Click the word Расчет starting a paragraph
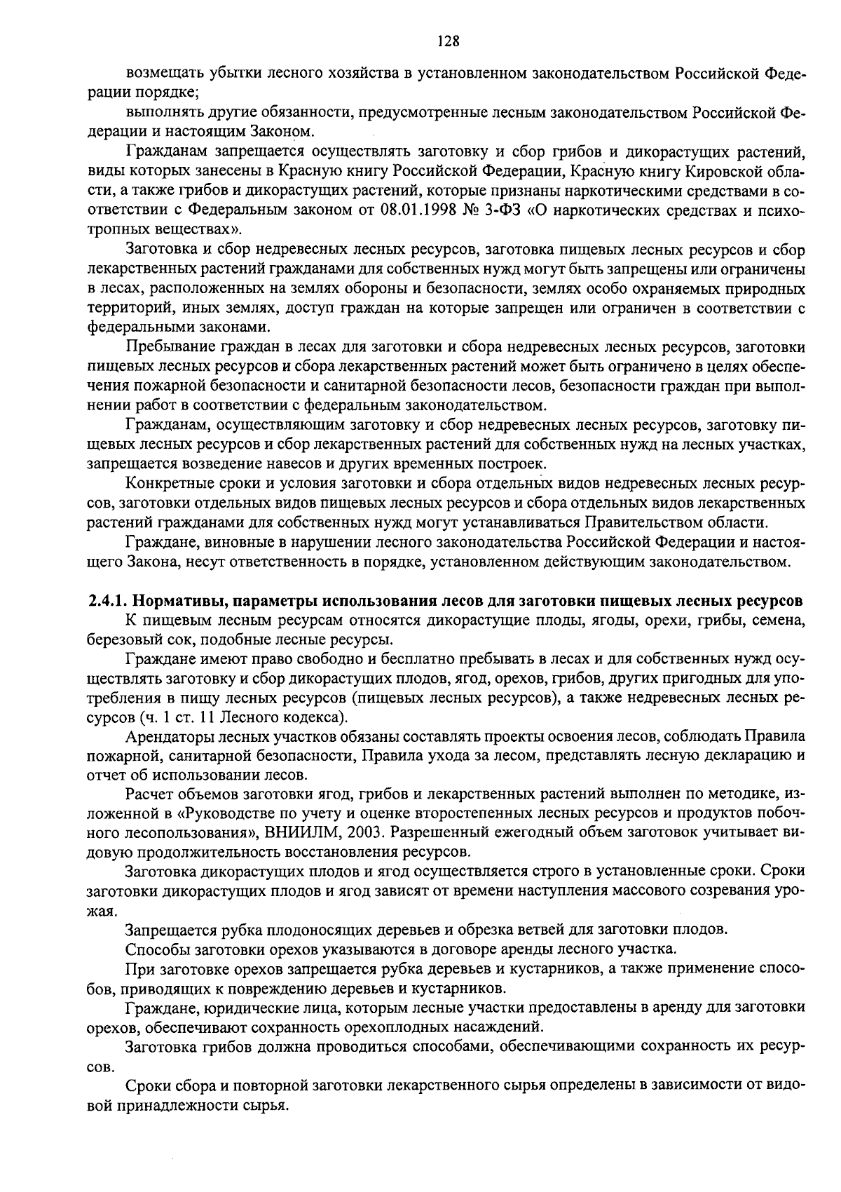click(148, 794)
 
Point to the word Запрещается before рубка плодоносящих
click(169, 930)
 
